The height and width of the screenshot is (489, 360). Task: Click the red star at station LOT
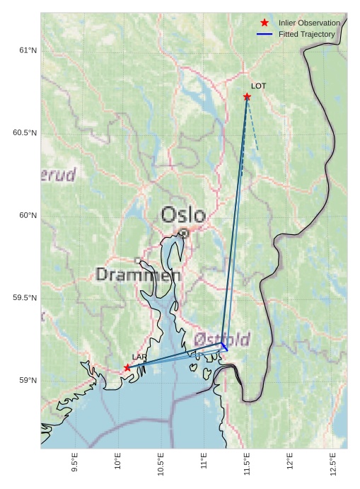coord(247,96)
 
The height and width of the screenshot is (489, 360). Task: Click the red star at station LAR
coord(127,367)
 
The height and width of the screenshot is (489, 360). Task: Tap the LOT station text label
coord(258,86)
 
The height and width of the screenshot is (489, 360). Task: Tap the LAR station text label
coord(139,357)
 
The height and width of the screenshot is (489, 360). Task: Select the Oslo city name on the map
coord(183,214)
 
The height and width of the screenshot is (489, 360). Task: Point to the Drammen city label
coord(138,275)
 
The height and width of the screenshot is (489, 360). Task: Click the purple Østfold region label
coord(222,340)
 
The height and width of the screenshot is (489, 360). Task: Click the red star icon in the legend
coord(265,23)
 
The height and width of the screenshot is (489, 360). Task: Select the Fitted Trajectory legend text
coord(307,34)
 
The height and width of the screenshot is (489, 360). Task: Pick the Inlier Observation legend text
coord(309,23)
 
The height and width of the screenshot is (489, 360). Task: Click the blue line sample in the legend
coord(265,34)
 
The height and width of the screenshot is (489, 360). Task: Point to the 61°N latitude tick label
coord(28,50)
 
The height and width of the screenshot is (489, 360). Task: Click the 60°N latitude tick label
coord(28,215)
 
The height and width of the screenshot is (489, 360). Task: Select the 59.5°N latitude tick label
coord(25,298)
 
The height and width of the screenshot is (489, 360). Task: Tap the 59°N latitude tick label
coord(28,381)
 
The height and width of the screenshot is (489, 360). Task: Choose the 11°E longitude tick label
coord(204,462)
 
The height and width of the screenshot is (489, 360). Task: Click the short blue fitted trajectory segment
coord(224,347)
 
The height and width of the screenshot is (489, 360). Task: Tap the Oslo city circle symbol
coord(183,232)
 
